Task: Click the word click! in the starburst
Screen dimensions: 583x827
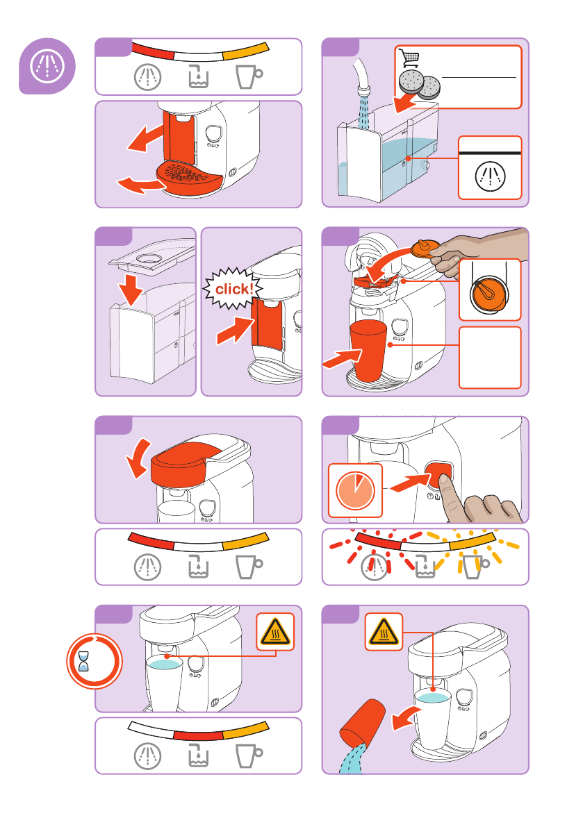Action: (x=234, y=289)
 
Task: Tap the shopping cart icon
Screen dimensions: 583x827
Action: (x=409, y=58)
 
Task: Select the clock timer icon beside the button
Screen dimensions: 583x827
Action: (x=355, y=490)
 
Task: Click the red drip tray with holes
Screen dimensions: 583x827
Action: (x=188, y=178)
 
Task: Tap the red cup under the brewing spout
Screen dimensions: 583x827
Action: (x=368, y=350)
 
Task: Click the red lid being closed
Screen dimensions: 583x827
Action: (x=186, y=463)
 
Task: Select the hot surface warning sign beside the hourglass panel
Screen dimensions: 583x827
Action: (x=275, y=631)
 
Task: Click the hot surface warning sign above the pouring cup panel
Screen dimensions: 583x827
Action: (x=384, y=631)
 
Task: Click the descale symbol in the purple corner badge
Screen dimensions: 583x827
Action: (x=47, y=66)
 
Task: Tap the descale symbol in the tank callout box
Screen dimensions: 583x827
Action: (x=490, y=176)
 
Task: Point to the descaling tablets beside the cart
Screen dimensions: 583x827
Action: (x=420, y=84)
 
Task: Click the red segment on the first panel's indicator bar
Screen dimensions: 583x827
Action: (x=152, y=51)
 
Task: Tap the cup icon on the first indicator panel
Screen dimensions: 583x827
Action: (x=249, y=76)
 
